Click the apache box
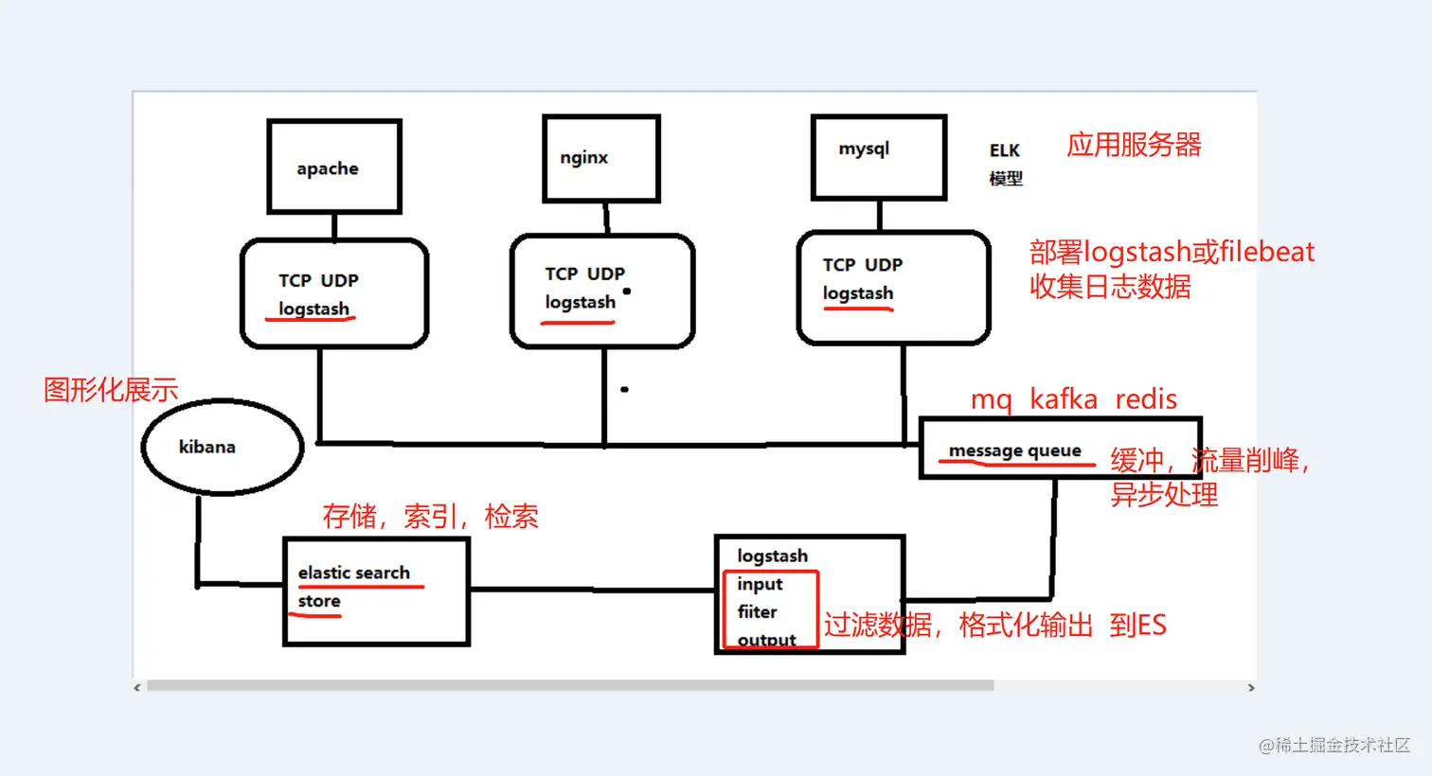pos(333,168)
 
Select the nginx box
pos(600,158)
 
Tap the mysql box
pos(878,156)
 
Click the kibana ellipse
pos(223,447)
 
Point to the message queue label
pos(1014,450)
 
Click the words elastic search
pos(353,573)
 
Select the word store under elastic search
pos(319,601)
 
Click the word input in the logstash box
pos(760,584)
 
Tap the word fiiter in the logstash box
pos(757,612)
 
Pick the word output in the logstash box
pos(766,640)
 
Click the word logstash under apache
pos(313,309)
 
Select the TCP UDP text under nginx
pos(584,273)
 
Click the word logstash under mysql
pos(857,293)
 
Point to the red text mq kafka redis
pos(1073,399)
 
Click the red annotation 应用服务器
pos(1134,145)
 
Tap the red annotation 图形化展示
pos(111,389)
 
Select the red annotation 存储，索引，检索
pos(430,516)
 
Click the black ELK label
pos(1004,150)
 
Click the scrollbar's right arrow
pos(1250,687)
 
